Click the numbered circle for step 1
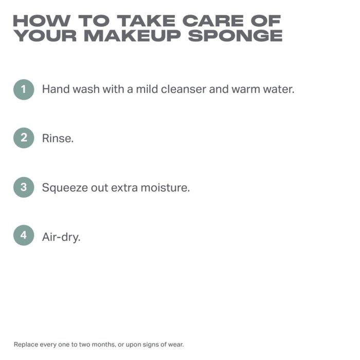tap(24, 89)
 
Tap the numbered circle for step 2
tap(24, 138)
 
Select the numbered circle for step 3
tap(24, 187)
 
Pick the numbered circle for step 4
tap(24, 235)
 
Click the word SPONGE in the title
tap(235, 35)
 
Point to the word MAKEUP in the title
tap(133, 35)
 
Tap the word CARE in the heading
tap(213, 21)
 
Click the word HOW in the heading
tap(42, 21)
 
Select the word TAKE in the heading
tap(146, 21)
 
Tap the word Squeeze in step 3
tap(65, 188)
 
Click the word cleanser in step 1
tap(184, 89)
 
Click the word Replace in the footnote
tap(26, 345)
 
